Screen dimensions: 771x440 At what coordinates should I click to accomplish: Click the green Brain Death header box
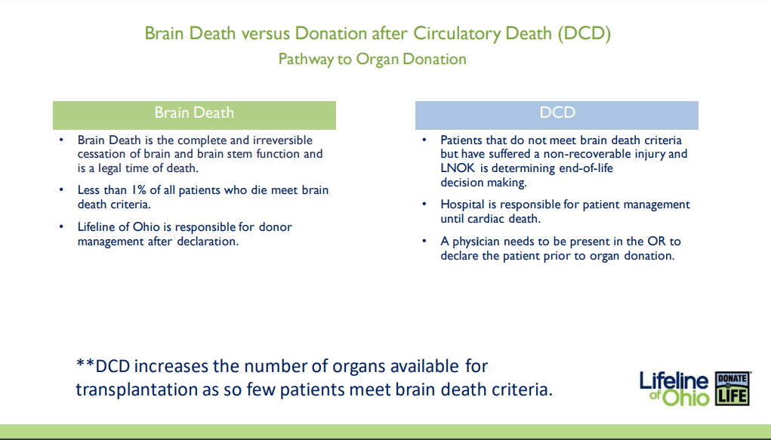194,115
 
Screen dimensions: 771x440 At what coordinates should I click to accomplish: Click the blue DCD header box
557,115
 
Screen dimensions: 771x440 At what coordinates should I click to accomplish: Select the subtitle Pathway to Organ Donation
372,59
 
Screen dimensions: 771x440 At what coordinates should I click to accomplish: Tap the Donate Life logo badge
732,389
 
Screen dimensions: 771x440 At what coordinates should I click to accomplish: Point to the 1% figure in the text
139,190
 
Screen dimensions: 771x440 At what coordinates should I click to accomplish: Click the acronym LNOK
458,168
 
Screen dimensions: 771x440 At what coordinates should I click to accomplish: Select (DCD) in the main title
584,33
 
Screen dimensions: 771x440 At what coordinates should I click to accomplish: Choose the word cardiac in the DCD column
486,219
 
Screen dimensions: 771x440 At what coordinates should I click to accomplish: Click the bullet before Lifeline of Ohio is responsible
61,226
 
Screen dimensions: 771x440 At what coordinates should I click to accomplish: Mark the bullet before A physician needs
424,241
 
